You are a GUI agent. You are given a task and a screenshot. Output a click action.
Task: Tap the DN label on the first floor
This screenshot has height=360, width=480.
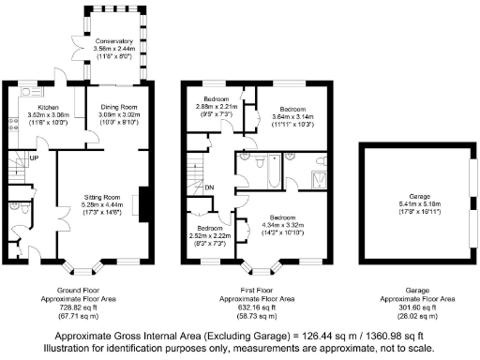[209, 186]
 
